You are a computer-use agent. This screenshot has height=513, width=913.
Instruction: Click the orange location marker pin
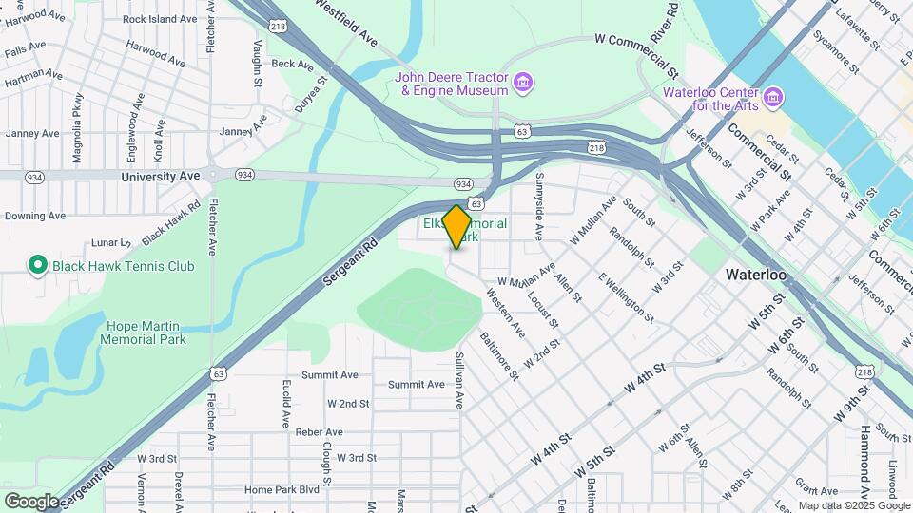coord(457,226)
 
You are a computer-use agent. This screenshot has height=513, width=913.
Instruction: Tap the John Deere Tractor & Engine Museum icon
coord(522,84)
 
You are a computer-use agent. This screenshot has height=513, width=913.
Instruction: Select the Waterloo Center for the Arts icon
coord(772,98)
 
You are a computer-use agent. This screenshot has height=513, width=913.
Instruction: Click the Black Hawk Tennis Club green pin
coord(38,265)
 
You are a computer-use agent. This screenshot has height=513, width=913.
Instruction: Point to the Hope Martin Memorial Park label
coord(143,332)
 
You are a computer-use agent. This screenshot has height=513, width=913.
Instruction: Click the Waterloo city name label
coord(755,275)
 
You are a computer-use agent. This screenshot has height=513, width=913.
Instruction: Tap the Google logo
coord(30,501)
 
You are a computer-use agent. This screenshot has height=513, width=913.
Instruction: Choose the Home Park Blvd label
coord(282,490)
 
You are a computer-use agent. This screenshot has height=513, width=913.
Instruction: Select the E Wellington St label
coord(627,295)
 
